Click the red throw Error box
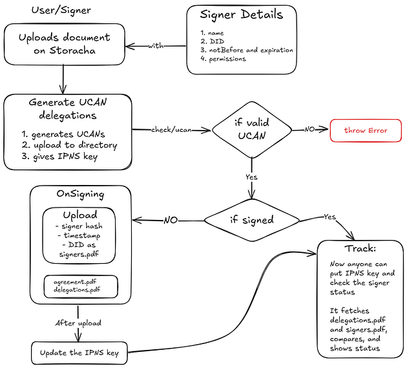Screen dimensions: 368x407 click(x=366, y=130)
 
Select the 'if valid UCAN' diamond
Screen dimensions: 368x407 click(x=251, y=130)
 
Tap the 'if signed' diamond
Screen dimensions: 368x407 click(x=251, y=220)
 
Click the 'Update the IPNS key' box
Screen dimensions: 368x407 click(x=79, y=353)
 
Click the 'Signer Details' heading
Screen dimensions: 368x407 click(x=241, y=14)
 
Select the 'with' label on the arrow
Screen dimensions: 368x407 click(x=156, y=45)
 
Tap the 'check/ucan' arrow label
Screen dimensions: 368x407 click(x=170, y=130)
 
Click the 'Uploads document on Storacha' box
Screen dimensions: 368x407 click(x=64, y=44)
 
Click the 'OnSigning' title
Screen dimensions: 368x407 click(x=81, y=193)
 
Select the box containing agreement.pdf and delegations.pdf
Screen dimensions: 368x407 click(x=81, y=287)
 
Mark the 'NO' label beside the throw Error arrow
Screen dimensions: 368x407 click(x=310, y=129)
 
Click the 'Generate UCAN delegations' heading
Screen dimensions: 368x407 click(x=67, y=109)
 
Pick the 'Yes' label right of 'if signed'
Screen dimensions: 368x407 click(x=329, y=217)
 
